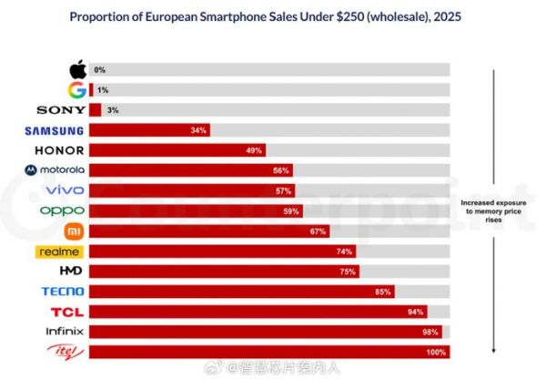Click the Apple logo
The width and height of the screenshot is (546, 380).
point(77,69)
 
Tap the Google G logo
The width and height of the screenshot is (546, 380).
point(77,89)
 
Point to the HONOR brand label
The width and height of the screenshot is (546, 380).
point(60,150)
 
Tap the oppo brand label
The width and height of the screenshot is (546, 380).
point(63,211)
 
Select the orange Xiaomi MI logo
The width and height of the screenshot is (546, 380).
point(76,231)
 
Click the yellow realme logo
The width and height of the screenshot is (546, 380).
point(60,252)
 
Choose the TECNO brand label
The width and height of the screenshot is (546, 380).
point(64,292)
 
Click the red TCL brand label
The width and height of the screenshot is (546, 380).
point(67,312)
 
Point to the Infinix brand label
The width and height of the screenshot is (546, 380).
point(62,332)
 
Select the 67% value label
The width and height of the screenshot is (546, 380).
point(318,231)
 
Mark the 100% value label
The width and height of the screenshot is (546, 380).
point(436,352)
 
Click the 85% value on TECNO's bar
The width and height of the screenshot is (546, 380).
point(382,292)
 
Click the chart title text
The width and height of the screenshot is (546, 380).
point(273,15)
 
